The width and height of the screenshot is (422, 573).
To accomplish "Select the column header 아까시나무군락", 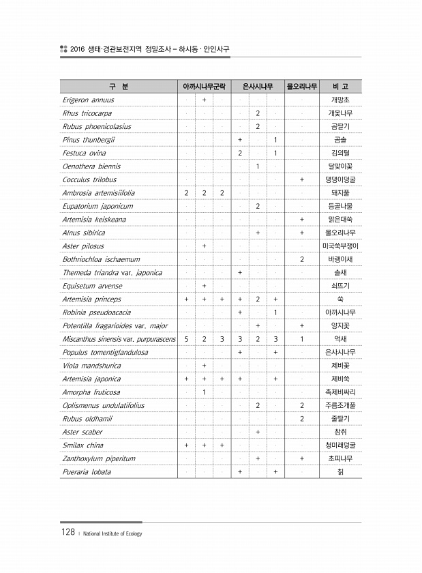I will click(x=205, y=87).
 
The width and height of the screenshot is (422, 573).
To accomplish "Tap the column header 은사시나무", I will click(x=258, y=87).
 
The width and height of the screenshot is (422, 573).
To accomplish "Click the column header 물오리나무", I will click(x=301, y=87).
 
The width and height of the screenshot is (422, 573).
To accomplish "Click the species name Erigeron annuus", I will click(x=88, y=100).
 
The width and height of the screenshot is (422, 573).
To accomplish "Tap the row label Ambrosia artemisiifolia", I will click(x=98, y=193).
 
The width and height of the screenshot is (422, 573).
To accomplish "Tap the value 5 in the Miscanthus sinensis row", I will click(x=187, y=339).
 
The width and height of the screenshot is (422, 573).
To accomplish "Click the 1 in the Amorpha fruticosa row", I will click(x=205, y=392).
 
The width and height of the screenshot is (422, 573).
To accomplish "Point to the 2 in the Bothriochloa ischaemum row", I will click(x=301, y=259).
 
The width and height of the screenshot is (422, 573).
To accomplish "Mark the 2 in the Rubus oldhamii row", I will click(x=301, y=419).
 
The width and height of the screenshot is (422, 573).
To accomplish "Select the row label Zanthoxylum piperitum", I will click(x=99, y=458).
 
